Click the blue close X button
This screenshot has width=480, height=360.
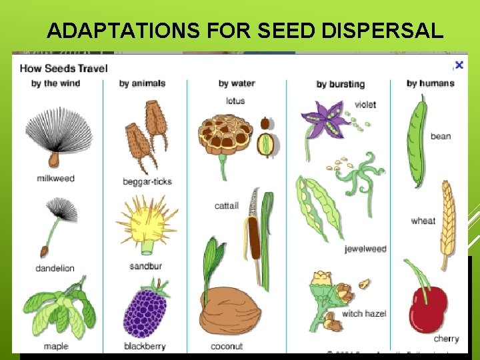(x=459, y=65)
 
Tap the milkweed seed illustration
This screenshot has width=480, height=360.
(x=57, y=137)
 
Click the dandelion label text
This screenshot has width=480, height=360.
(x=55, y=268)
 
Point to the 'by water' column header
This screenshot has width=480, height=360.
(x=237, y=83)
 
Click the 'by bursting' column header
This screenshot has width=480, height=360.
(x=340, y=84)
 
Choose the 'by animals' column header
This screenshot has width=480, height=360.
(x=142, y=83)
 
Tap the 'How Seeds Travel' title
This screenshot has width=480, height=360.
(x=63, y=67)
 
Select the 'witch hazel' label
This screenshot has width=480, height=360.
(x=364, y=313)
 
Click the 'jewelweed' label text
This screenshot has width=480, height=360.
(x=365, y=249)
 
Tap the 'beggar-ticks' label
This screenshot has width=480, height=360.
(x=147, y=181)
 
